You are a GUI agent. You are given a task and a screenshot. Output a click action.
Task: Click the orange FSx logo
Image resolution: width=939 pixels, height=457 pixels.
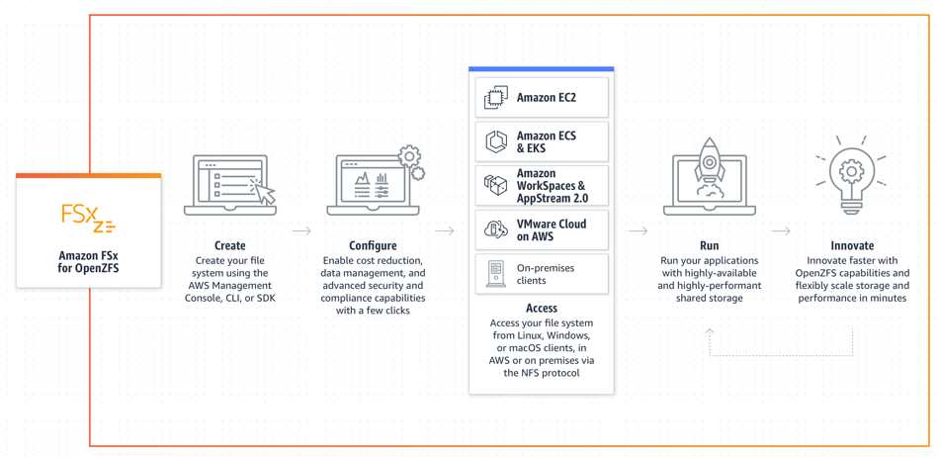pos(88,218)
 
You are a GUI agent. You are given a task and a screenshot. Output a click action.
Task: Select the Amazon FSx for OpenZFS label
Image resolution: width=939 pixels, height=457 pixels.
pos(89,262)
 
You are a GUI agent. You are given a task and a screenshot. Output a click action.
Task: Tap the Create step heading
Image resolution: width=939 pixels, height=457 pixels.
pos(230,245)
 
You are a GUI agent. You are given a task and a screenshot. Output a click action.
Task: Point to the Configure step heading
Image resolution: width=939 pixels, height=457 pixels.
pos(373,245)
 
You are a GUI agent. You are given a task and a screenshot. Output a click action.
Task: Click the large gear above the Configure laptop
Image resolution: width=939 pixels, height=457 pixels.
pos(409,155)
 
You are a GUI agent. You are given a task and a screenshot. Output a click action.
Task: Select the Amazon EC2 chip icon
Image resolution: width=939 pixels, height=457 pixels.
pos(496,98)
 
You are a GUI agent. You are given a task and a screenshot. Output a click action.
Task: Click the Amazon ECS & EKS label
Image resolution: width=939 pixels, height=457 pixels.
pos(547,142)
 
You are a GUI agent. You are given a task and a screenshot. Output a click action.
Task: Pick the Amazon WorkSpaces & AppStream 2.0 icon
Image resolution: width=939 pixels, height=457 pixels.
pos(496,186)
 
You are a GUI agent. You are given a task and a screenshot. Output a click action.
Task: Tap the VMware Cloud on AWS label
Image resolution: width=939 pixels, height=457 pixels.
pos(551,230)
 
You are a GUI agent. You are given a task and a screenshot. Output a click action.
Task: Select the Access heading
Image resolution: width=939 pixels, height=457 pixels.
pos(542,308)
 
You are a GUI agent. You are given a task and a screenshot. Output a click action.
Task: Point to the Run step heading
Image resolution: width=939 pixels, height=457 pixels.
pos(709,245)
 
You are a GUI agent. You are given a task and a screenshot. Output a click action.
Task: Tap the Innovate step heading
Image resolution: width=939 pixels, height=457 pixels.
pos(852,245)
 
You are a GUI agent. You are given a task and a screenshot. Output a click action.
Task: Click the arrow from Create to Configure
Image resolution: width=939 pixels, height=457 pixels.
pos(301,230)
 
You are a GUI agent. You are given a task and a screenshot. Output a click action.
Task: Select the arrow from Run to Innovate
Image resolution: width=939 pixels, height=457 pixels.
pos(781,230)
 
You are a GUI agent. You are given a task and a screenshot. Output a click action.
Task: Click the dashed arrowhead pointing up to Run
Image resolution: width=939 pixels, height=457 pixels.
pos(710,331)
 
